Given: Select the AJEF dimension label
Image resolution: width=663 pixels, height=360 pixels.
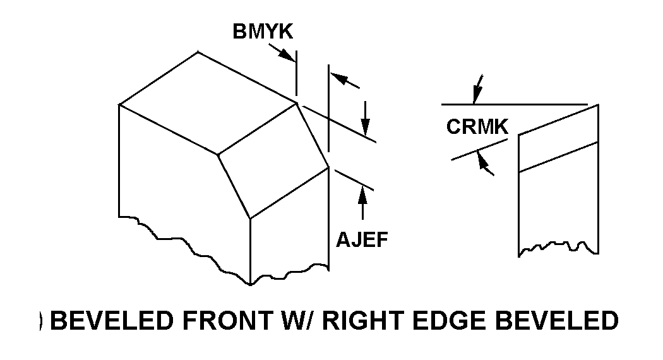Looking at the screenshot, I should coord(361,241).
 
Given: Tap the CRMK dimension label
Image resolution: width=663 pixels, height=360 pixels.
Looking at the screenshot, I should coord(477,127).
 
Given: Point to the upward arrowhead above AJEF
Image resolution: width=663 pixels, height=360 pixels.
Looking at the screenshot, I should coord(362,193).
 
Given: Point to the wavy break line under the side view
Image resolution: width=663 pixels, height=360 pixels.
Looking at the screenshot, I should coord(558,246).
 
